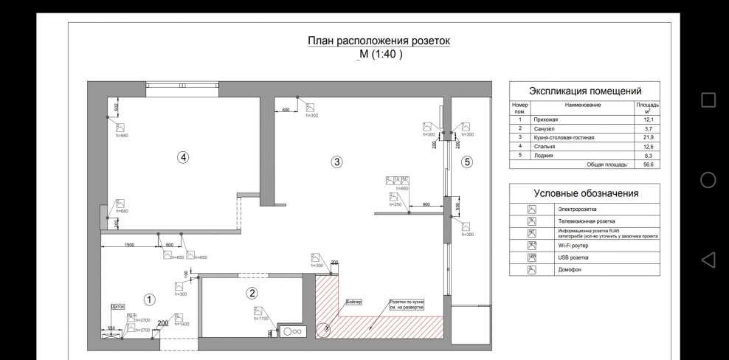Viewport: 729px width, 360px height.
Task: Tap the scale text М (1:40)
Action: click(x=380, y=55)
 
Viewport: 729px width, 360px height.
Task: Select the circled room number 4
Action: click(x=183, y=156)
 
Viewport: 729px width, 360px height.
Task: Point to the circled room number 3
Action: click(x=336, y=162)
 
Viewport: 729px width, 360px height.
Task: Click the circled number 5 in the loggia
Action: click(x=467, y=162)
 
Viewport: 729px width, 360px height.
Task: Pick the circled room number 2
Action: click(x=252, y=293)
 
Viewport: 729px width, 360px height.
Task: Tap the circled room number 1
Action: click(x=149, y=300)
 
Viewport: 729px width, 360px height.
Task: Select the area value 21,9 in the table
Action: click(x=649, y=137)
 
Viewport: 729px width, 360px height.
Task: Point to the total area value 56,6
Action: click(x=649, y=165)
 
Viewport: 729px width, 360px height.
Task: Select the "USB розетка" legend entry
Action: click(x=573, y=257)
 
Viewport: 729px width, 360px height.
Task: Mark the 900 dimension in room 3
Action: click(x=426, y=204)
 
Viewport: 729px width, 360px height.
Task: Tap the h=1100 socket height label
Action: click(x=260, y=318)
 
